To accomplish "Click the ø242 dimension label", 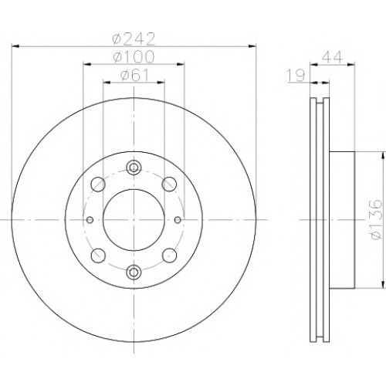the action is click(x=134, y=39).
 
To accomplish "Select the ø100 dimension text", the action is click(x=134, y=56).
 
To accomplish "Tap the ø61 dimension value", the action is click(x=134, y=76).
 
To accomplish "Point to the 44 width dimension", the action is click(x=333, y=57).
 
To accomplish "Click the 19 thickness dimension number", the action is click(x=296, y=76).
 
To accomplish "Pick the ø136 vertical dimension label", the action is click(x=375, y=219).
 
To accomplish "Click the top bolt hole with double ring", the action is click(x=134, y=168).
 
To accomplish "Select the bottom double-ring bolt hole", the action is click(x=134, y=271).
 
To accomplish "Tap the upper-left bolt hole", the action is click(x=98, y=185).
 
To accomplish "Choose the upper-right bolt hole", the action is click(x=169, y=185).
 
